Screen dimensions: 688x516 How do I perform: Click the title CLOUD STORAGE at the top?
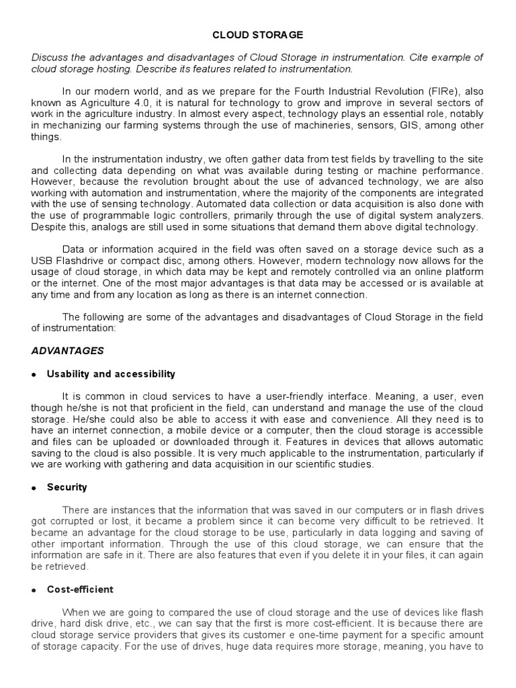point(258,34)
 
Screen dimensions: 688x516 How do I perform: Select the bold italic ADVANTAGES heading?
point(68,351)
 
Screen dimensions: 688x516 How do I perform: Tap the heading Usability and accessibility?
point(111,374)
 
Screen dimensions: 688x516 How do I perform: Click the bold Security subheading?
point(67,486)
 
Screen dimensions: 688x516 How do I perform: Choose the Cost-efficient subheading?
point(80,589)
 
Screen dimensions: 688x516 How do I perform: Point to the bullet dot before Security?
point(34,487)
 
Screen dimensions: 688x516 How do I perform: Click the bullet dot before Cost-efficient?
point(34,590)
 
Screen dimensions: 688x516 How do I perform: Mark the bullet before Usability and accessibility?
point(34,374)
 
